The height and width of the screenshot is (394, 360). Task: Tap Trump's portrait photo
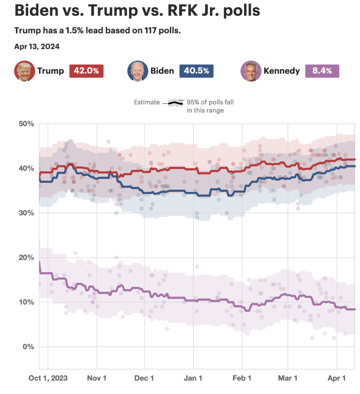click(25, 71)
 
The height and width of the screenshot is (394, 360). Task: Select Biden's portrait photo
click(138, 71)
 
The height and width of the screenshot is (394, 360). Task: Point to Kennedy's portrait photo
click(251, 71)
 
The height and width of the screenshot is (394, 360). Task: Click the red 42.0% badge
click(86, 71)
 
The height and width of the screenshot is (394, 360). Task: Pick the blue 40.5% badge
click(196, 71)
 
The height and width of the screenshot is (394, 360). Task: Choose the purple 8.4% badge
click(322, 71)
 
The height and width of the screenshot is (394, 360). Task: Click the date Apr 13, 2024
click(37, 46)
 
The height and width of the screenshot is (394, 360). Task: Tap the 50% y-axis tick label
click(26, 124)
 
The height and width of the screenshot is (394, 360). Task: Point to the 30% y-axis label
click(26, 213)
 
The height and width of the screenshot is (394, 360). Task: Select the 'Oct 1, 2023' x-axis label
click(48, 378)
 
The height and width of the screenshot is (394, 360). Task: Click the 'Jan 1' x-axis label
click(193, 378)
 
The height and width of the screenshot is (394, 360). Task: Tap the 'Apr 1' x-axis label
click(337, 378)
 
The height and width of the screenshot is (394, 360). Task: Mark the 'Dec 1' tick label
click(144, 378)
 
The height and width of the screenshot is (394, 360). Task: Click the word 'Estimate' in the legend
click(147, 102)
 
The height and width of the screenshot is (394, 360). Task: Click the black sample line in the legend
click(176, 102)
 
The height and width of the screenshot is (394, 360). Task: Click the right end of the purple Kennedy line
click(354, 309)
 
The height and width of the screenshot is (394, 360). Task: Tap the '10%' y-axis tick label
click(26, 302)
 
